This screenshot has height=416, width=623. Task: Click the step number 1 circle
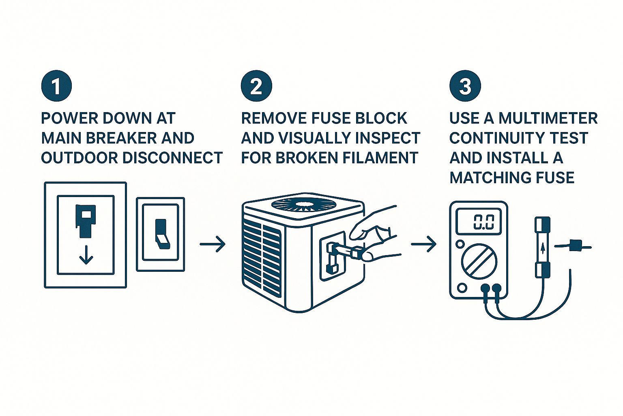pyautogui.click(x=56, y=87)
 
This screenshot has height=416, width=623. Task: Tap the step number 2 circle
pyautogui.click(x=256, y=87)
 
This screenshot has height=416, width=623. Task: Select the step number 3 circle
pyautogui.click(x=465, y=87)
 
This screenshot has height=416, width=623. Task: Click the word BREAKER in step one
pyautogui.click(x=122, y=138)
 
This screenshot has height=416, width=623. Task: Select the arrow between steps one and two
pyautogui.click(x=213, y=244)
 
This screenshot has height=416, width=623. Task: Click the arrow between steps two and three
pyautogui.click(x=423, y=244)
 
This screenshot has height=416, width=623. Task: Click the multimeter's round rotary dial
pyautogui.click(x=479, y=260)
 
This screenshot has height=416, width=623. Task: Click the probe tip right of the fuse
pyautogui.click(x=575, y=245)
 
